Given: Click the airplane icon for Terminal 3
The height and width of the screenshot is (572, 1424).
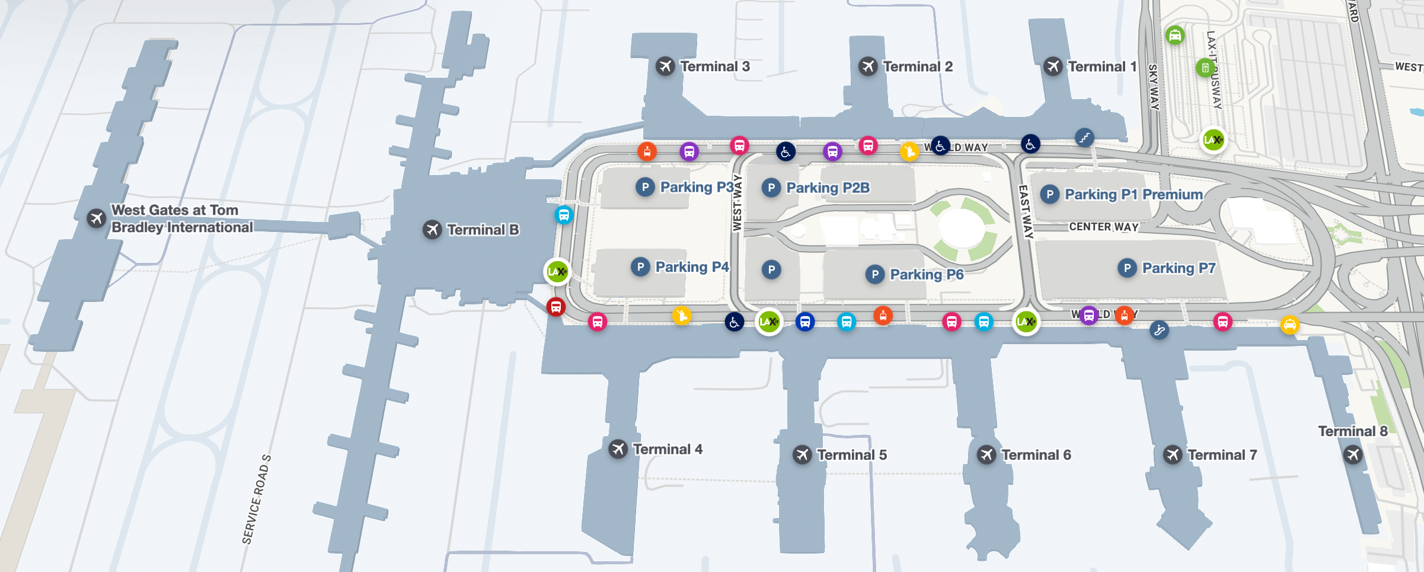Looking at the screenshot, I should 665,66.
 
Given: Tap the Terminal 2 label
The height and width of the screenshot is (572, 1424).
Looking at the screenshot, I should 918,66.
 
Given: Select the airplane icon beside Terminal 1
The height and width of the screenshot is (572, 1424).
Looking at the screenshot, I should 1053,66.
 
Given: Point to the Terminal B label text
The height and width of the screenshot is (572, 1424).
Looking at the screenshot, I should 483,230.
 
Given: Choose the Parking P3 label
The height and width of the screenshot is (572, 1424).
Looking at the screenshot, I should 697,187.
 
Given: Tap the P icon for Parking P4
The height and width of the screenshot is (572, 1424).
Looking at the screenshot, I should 640,267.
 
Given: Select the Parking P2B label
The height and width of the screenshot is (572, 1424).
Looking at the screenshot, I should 828,188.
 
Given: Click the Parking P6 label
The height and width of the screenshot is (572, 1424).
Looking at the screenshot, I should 927,274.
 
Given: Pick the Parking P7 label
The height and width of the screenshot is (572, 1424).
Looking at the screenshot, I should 1179,268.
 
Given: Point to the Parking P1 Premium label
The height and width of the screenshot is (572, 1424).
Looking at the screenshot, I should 1134,194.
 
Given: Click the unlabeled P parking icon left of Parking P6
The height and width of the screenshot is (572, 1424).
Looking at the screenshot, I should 771,269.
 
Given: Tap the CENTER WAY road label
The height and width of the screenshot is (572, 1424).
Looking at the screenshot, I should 1103,227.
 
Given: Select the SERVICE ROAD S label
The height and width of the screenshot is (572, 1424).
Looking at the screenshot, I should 256,500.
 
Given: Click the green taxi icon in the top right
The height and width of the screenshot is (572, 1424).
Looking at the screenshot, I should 1174,35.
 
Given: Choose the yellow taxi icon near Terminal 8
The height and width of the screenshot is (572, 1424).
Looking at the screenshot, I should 1289,325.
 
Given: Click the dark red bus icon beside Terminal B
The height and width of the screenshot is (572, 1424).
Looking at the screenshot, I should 555,307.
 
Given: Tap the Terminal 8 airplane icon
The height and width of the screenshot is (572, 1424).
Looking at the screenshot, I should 1352,455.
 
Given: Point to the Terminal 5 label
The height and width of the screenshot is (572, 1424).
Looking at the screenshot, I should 852,455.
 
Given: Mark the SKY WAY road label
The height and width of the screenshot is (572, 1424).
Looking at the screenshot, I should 1154,87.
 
